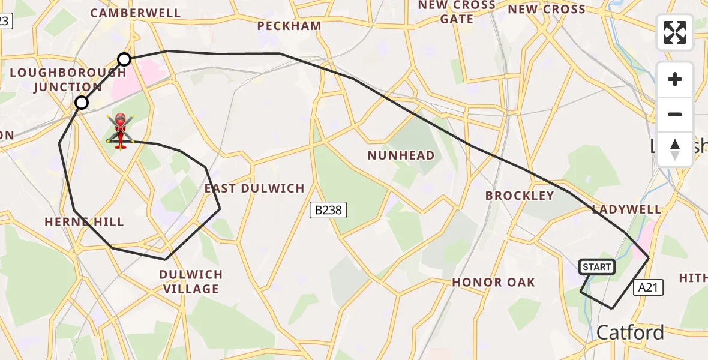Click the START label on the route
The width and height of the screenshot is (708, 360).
coord(597,267)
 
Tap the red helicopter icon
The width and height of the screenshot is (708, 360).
coord(120,131)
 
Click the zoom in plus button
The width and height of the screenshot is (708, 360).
coord(675,80)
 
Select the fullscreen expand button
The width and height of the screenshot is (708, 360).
coord(675,32)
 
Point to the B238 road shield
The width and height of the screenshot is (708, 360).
coord(328,210)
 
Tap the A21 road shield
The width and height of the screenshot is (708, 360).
coord(648,288)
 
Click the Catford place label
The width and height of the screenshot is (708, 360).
coord(630,332)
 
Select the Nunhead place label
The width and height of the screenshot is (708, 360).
coord(401,156)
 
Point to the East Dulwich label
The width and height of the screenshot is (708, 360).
coord(255,188)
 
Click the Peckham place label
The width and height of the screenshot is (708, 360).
coord(289,26)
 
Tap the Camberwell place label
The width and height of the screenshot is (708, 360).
coord(136,13)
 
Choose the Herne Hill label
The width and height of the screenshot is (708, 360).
coord(84,222)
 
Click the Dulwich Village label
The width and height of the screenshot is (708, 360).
coord(191,281)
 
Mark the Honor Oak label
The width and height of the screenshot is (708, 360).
coord(493,282)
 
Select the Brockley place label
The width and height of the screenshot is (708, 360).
coord(520,196)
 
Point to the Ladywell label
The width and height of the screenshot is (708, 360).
coord(626,209)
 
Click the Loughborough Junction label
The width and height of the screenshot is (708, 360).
coord(68,80)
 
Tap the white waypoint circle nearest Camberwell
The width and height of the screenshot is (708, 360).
coord(124,59)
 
